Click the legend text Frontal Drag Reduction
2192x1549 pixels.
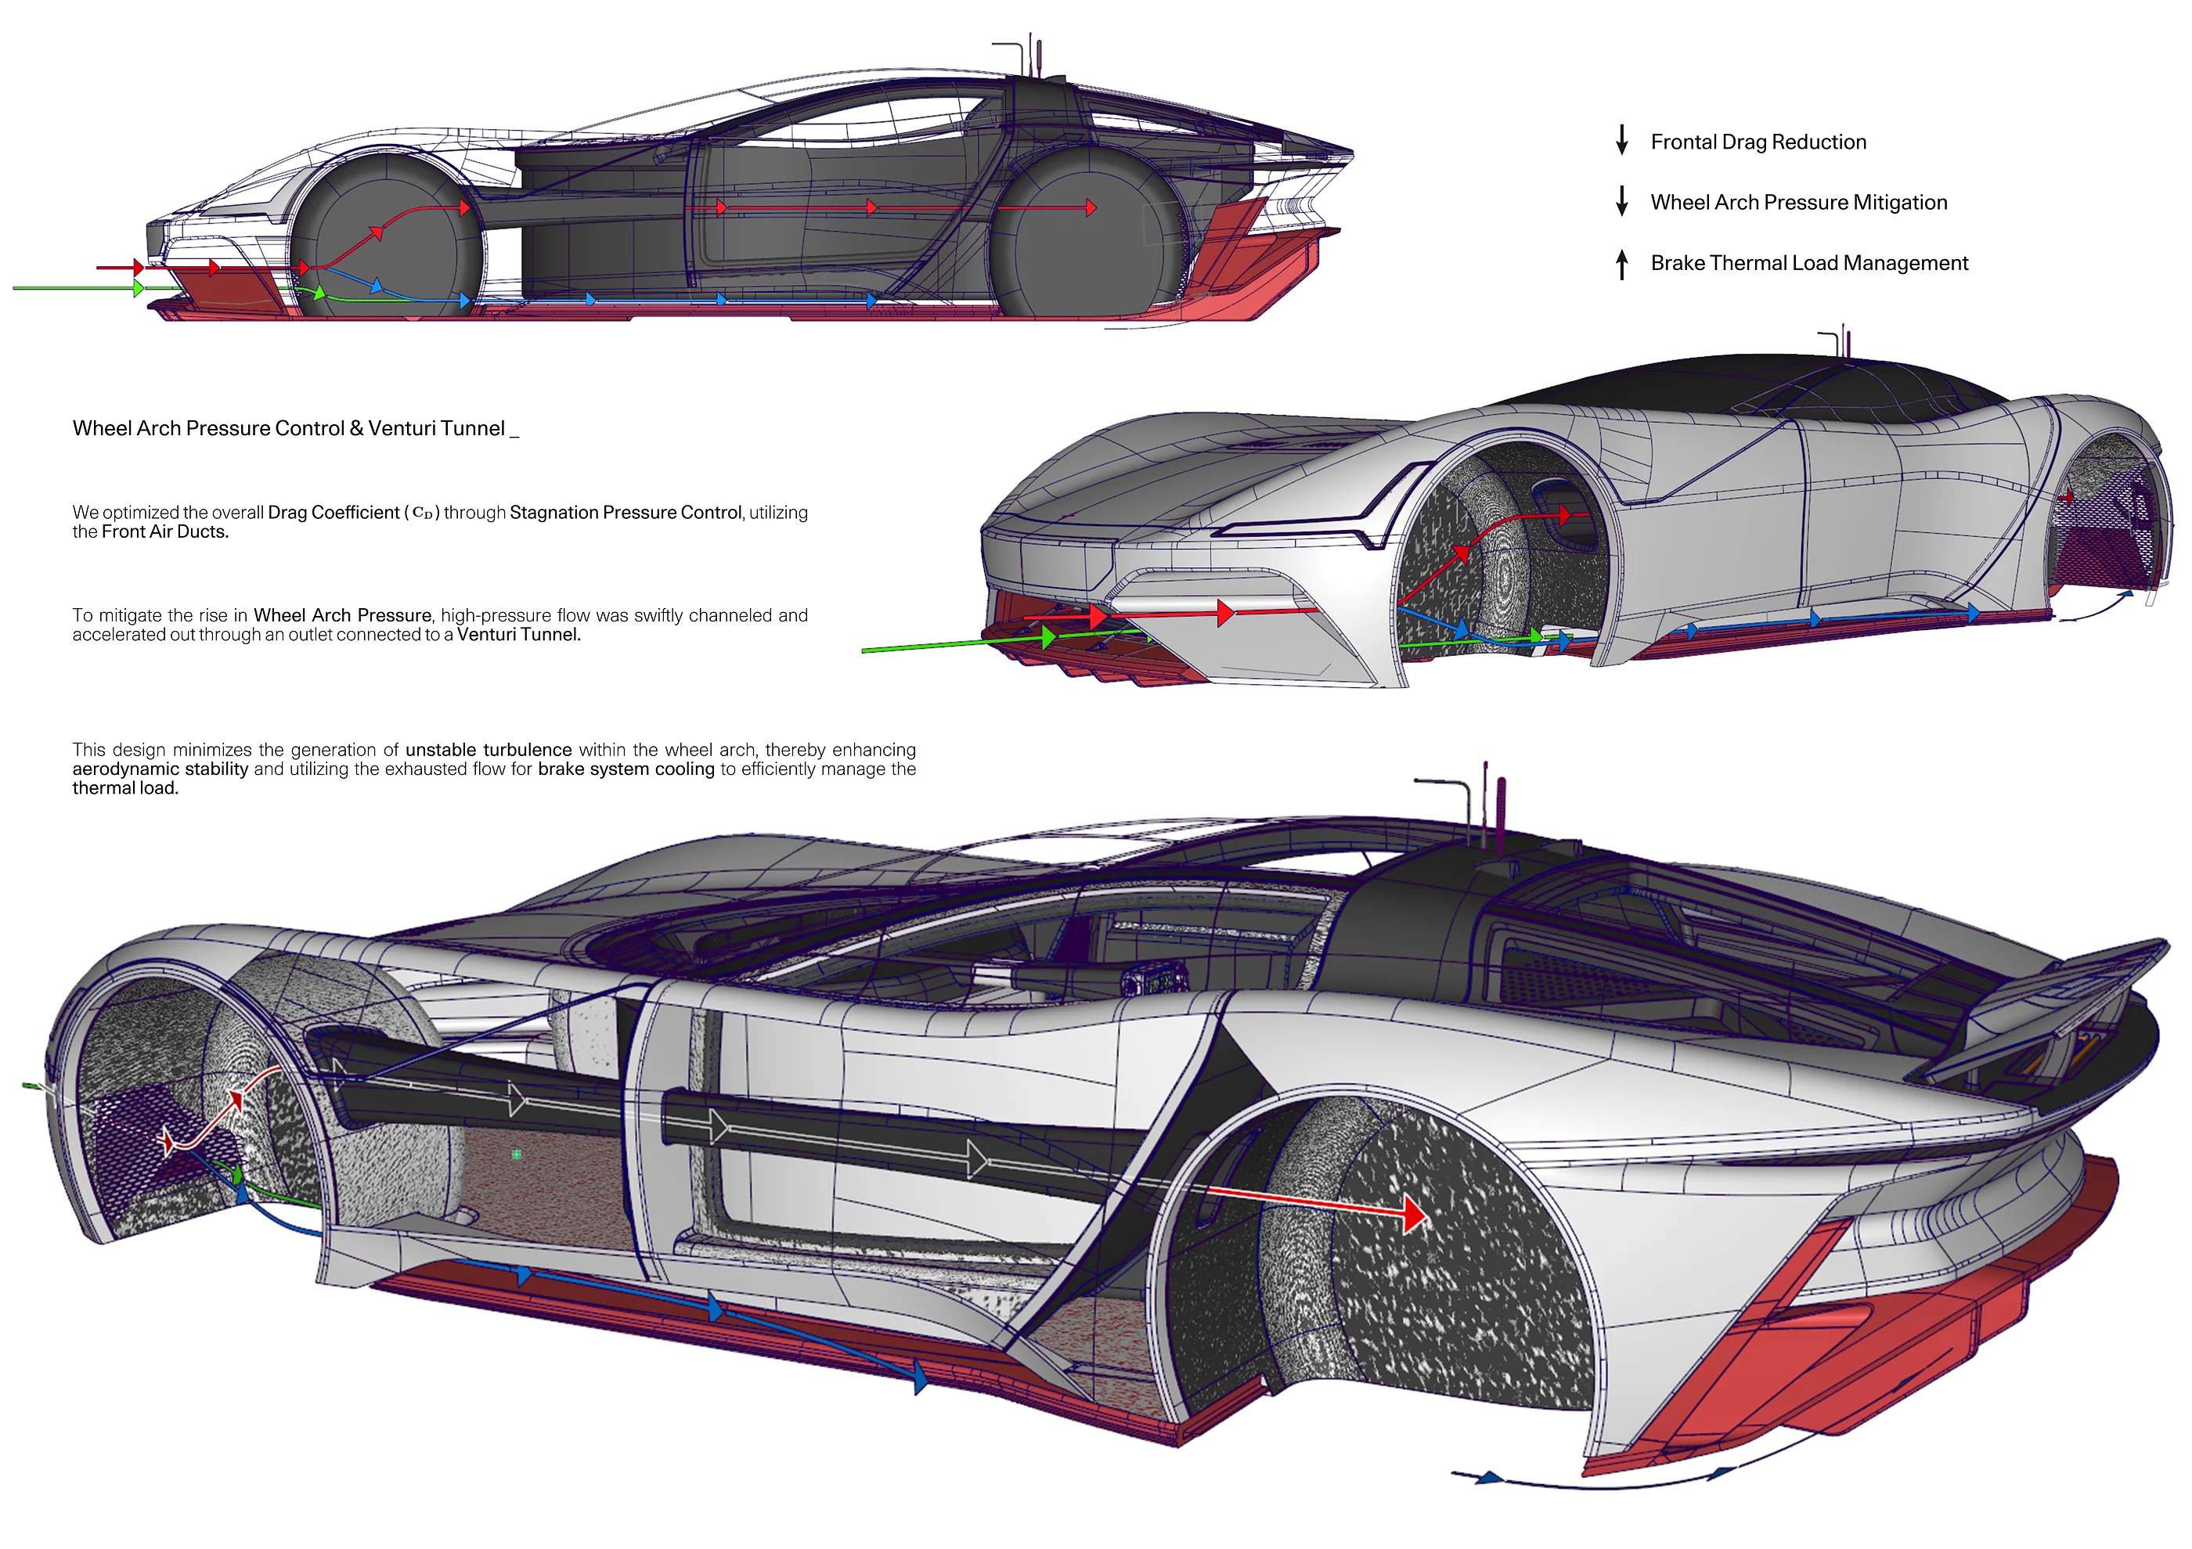1758,142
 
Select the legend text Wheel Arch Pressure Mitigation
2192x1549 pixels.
1799,203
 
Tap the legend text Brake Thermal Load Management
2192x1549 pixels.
1809,264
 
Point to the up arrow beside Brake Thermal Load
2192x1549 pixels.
1621,264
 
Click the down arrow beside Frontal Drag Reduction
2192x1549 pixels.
1621,140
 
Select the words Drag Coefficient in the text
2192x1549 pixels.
333,513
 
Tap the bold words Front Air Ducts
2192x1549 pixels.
164,532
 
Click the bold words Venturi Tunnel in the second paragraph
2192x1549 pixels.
518,635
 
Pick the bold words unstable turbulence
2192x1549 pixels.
488,750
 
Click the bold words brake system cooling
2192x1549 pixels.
626,769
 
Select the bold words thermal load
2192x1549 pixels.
125,788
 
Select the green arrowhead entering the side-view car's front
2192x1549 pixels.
139,287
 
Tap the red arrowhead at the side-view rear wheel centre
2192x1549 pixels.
1091,208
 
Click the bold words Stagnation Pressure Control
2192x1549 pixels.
626,513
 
